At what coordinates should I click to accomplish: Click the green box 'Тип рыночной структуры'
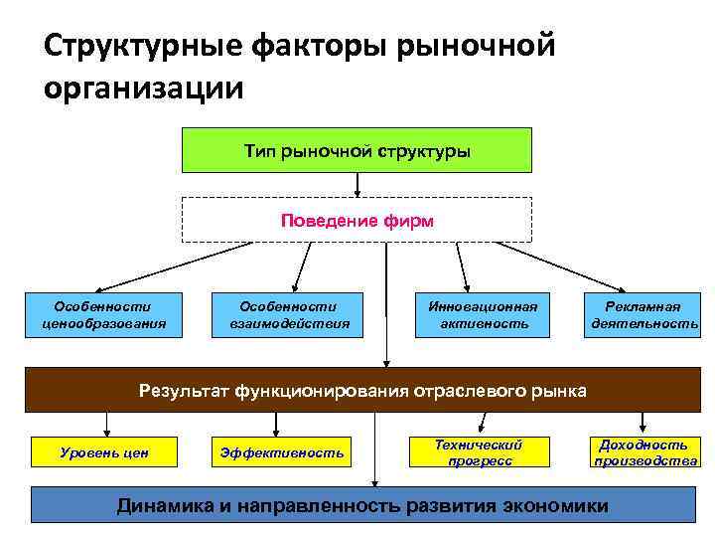pyautogui.click(x=357, y=150)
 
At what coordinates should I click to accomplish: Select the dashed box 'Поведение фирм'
pyautogui.click(x=357, y=220)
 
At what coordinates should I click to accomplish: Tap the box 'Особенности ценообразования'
pyautogui.click(x=104, y=314)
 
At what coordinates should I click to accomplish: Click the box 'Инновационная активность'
pyautogui.click(x=485, y=314)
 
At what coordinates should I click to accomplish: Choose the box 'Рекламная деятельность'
pyautogui.click(x=644, y=314)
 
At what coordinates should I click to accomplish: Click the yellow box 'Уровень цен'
pyautogui.click(x=104, y=452)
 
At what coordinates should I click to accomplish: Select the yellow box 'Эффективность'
pyautogui.click(x=281, y=452)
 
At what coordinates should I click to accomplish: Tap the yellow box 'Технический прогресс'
pyautogui.click(x=480, y=452)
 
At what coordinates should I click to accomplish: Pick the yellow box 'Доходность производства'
pyautogui.click(x=644, y=452)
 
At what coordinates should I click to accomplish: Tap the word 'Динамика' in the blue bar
pyautogui.click(x=164, y=505)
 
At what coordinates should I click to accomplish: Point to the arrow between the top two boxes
pyautogui.click(x=357, y=185)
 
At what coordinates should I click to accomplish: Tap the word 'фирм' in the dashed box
pyautogui.click(x=412, y=220)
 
